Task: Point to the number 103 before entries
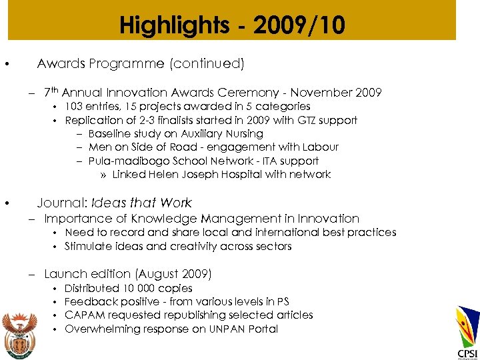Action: (x=73, y=107)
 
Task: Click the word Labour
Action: (x=321, y=147)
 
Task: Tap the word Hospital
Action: (x=232, y=175)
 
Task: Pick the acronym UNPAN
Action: (x=231, y=329)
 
